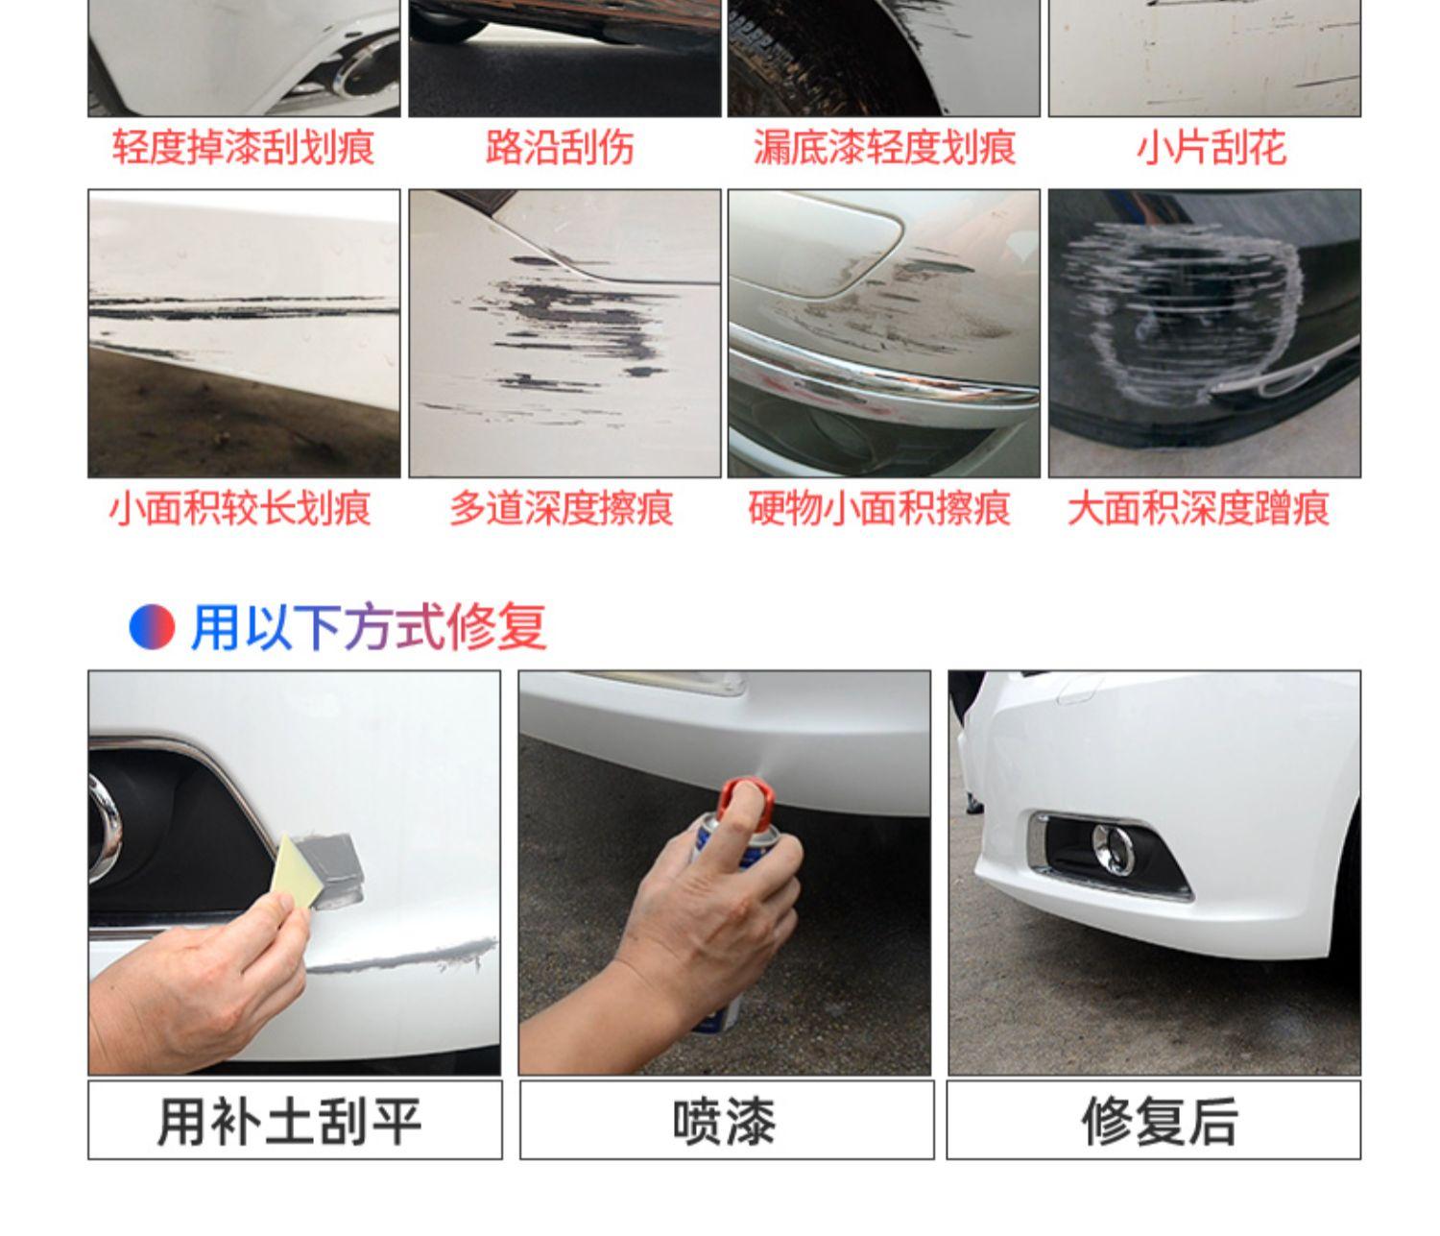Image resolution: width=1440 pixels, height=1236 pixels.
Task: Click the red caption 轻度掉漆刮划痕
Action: click(243, 147)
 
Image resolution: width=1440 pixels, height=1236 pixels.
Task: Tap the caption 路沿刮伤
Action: click(560, 147)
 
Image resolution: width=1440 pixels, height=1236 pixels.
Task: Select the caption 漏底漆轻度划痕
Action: click(884, 147)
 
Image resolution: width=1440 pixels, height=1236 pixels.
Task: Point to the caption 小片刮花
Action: click(1211, 147)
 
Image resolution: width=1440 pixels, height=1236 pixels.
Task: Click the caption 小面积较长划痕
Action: click(240, 507)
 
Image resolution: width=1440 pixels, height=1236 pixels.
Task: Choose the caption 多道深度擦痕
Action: click(562, 507)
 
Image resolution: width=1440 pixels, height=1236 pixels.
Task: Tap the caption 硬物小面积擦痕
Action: click(879, 507)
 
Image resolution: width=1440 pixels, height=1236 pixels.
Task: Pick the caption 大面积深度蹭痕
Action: click(1198, 507)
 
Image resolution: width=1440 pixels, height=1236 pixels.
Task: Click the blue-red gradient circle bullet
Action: click(152, 627)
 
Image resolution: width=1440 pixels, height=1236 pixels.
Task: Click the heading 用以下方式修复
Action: click(369, 627)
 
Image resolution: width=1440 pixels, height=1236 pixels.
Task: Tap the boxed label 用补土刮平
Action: click(290, 1122)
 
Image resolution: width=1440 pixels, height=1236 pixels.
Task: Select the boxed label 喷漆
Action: click(725, 1122)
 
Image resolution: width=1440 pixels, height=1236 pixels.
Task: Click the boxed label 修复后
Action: click(1160, 1122)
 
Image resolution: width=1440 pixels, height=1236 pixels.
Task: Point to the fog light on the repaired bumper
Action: click(1113, 848)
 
